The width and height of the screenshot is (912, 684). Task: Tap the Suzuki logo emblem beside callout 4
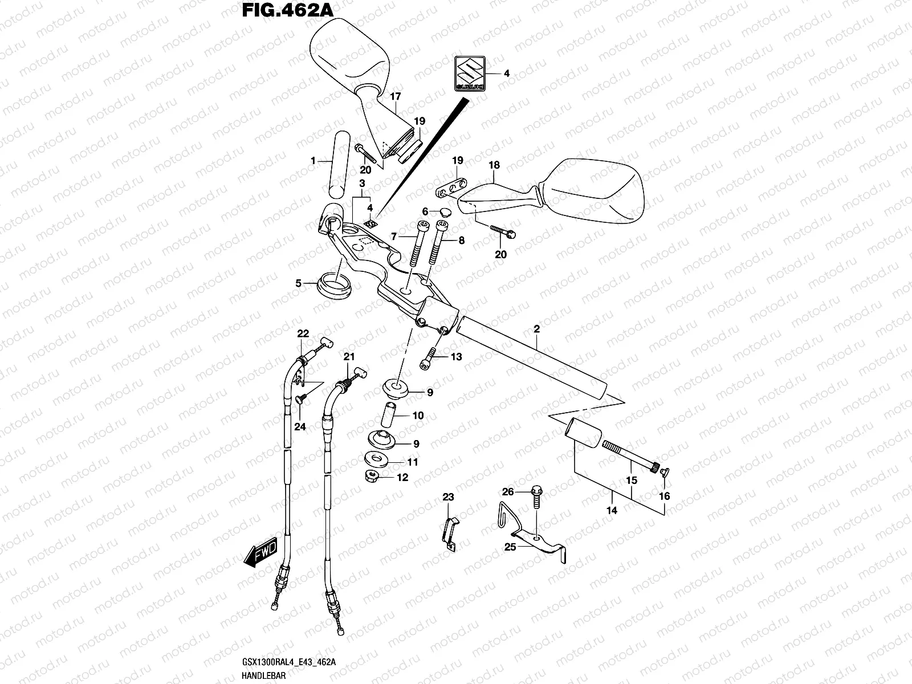pos(470,74)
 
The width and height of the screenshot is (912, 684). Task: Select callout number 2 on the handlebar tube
pos(536,329)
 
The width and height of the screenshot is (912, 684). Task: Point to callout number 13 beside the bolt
pos(456,357)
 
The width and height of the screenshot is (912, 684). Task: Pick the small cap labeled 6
pos(445,212)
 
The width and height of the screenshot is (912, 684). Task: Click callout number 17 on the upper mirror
pos(395,97)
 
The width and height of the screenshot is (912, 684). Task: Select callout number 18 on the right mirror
pos(494,165)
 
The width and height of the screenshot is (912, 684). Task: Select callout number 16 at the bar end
pos(664,496)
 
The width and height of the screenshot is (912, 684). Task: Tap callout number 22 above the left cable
pos(303,333)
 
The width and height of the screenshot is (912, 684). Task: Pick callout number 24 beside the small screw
pos(300,426)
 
